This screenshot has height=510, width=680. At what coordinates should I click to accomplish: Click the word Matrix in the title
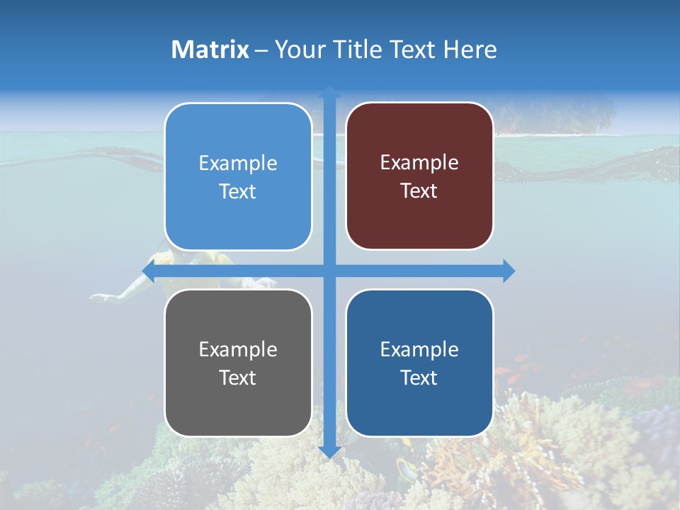pyautogui.click(x=210, y=50)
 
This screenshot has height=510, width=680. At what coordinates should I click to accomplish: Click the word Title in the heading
pyautogui.click(x=359, y=50)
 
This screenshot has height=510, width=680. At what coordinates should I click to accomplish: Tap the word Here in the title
pyautogui.click(x=470, y=50)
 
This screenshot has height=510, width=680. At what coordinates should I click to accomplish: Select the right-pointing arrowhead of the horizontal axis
pyautogui.click(x=509, y=271)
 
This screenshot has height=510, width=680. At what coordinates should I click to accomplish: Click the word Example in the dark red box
pyautogui.click(x=419, y=163)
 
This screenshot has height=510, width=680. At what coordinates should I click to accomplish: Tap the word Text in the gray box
pyautogui.click(x=238, y=378)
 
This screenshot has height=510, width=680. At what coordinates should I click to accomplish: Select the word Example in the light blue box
pyautogui.click(x=238, y=164)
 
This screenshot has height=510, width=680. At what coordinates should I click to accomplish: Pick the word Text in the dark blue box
pyautogui.click(x=419, y=378)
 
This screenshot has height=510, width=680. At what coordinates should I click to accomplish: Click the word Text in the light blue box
pyautogui.click(x=238, y=191)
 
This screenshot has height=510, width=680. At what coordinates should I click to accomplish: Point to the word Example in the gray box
pyautogui.click(x=238, y=349)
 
